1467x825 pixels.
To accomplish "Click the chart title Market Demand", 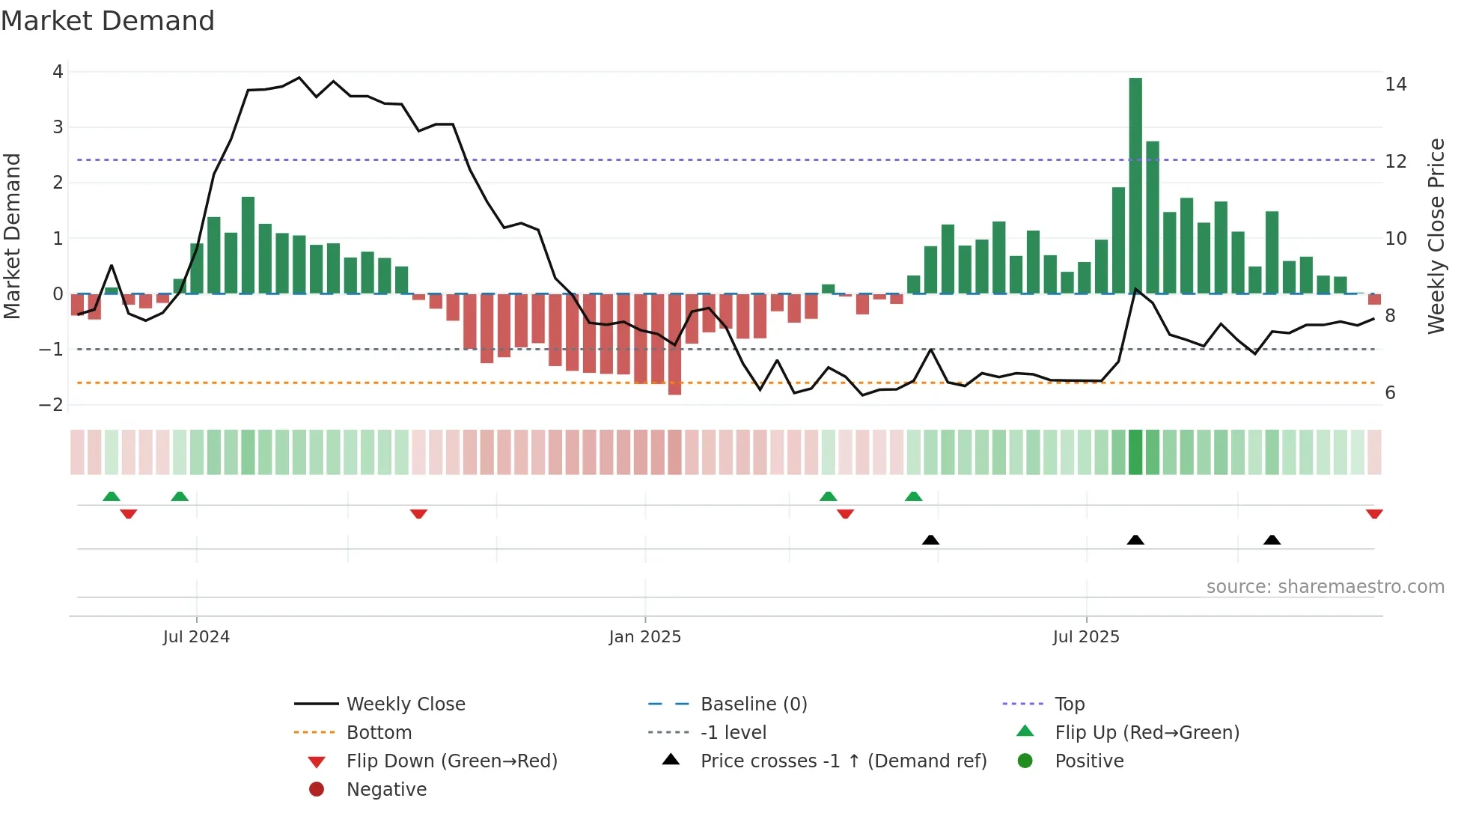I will click(108, 21).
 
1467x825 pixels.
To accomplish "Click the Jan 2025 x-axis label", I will click(644, 637).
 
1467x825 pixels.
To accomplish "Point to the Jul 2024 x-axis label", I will click(196, 637).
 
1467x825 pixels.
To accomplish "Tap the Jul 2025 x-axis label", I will click(1086, 637).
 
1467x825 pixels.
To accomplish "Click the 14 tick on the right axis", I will click(1395, 85).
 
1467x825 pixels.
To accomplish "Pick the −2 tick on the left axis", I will click(52, 405).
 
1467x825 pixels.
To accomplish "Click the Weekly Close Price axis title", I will click(1436, 236).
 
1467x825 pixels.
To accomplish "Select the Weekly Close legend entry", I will click(405, 704).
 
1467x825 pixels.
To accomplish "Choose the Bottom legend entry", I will click(379, 733).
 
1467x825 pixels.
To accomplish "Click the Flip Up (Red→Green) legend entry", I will click(1147, 733).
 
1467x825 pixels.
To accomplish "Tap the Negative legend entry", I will click(386, 790).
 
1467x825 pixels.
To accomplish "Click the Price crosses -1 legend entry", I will click(843, 761).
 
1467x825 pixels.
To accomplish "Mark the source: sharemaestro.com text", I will click(1325, 587).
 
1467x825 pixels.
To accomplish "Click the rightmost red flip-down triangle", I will click(1374, 514).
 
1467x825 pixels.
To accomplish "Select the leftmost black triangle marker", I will click(930, 540).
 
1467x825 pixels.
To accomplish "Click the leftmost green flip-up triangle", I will click(112, 496).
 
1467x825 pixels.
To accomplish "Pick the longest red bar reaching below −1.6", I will click(674, 344).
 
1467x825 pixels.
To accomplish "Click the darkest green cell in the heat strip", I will click(1135, 452).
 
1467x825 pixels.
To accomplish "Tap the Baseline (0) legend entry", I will click(753, 704).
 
